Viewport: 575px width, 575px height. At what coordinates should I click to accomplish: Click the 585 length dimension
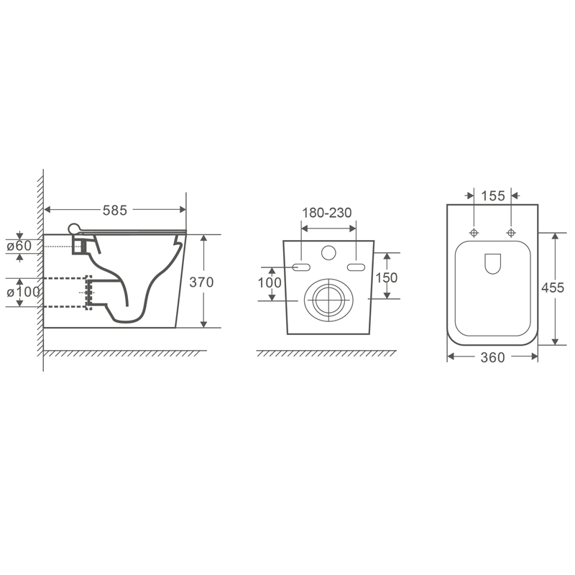115,210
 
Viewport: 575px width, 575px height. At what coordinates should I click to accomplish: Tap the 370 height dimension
201,282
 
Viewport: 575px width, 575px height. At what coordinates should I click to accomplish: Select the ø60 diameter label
19,246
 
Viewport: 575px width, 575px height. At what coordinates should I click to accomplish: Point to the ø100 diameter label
24,292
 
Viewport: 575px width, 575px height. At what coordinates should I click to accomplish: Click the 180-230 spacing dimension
327,213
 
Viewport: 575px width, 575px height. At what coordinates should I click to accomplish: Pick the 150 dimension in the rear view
387,277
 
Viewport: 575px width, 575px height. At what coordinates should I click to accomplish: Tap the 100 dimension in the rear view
270,282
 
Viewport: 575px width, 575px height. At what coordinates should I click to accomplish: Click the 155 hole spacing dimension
493,195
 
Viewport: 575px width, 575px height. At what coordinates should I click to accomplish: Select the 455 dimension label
553,288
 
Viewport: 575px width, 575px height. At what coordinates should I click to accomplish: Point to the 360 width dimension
492,357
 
